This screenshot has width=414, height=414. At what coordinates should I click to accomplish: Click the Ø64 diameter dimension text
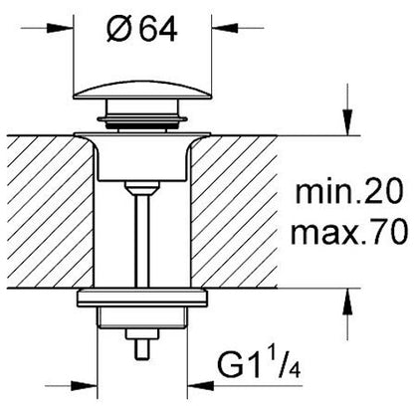click(x=142, y=28)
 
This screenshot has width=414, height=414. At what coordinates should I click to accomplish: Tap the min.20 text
click(x=349, y=192)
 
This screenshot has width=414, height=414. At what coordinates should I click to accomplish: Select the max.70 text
click(x=349, y=233)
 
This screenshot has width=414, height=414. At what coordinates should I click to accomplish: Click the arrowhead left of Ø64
click(x=61, y=28)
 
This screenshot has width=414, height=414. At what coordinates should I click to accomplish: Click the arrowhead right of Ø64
click(x=225, y=28)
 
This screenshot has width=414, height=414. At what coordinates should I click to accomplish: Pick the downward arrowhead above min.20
click(x=347, y=122)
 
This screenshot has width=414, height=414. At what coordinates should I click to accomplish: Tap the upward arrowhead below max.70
click(x=347, y=302)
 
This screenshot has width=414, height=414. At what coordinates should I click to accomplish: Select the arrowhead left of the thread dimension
click(x=85, y=386)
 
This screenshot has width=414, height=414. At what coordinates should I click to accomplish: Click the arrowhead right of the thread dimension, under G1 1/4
click(x=200, y=386)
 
